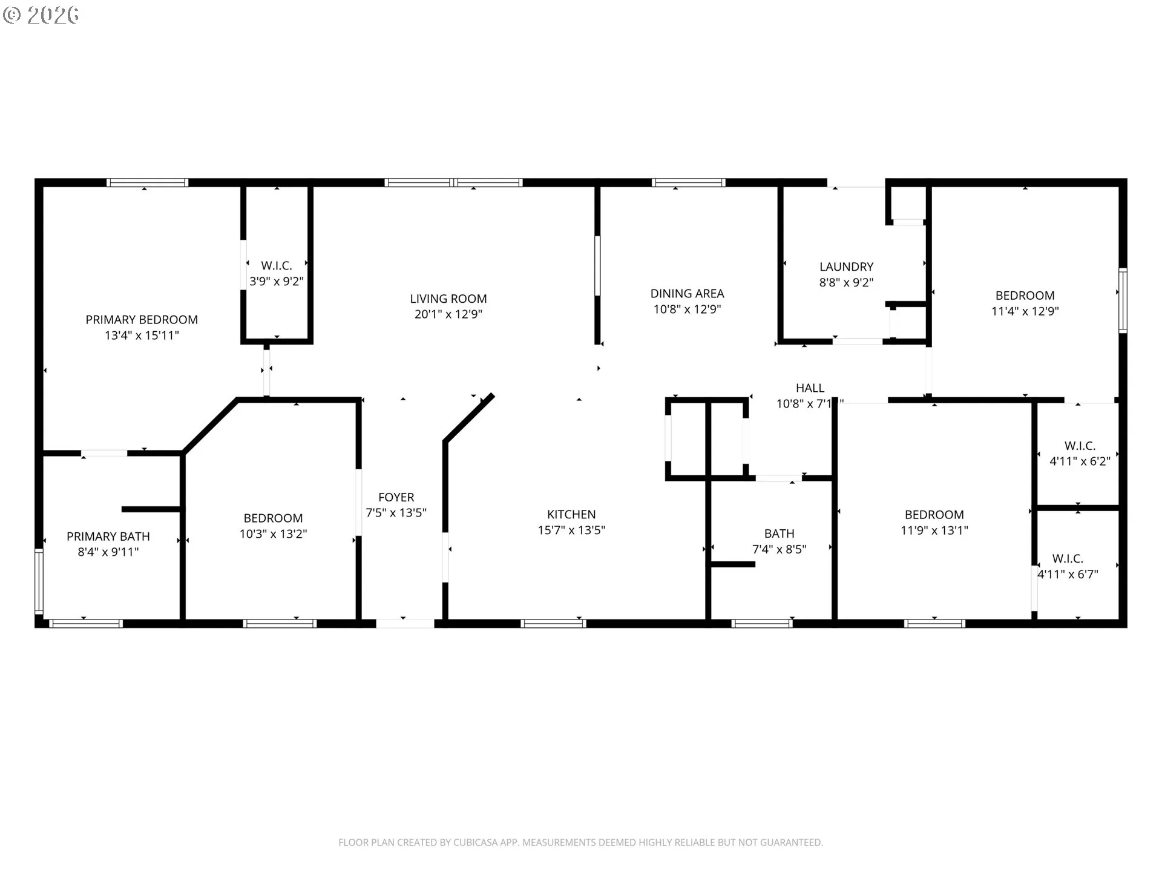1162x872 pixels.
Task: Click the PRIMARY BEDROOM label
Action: [142, 320]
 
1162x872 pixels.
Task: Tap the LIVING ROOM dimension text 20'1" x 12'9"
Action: [448, 314]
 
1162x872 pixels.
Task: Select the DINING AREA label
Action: [687, 294]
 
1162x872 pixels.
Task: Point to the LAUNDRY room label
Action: [846, 267]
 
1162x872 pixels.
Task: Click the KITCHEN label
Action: [571, 515]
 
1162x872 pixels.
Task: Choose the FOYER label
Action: [396, 497]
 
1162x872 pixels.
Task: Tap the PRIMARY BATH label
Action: [108, 537]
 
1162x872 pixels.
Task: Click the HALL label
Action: [810, 388]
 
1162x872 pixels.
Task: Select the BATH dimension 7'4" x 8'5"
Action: [779, 549]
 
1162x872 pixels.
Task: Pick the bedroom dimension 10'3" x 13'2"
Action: [273, 534]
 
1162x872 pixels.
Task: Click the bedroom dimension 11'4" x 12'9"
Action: [1025, 311]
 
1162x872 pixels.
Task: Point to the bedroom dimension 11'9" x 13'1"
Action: [934, 530]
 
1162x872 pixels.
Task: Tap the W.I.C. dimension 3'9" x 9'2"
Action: [277, 282]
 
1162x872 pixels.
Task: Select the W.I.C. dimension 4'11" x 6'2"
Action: [1080, 461]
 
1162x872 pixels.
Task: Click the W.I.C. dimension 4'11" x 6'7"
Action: [1068, 574]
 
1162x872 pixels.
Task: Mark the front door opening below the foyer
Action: [405, 623]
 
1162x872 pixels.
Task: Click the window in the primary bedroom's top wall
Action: [147, 183]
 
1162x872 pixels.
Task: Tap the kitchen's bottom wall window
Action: [553, 623]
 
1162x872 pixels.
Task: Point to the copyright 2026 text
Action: [41, 15]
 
